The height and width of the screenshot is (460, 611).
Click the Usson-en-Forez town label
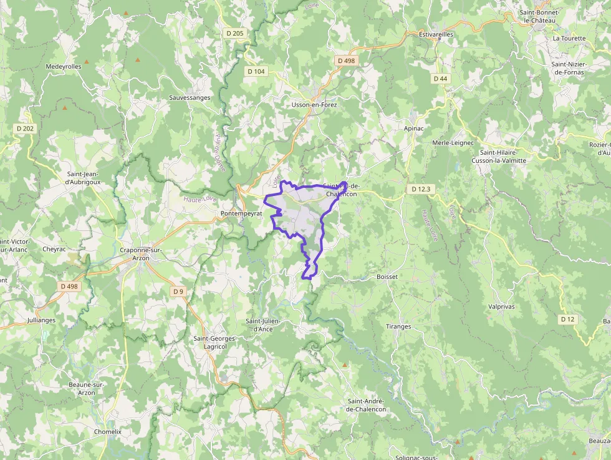[314, 105]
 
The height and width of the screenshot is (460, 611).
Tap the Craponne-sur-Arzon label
[140, 253]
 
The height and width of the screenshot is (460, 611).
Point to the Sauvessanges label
[190, 98]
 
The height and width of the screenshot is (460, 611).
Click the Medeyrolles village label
[64, 66]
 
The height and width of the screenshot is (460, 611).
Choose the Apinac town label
[413, 127]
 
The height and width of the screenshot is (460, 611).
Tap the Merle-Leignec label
[453, 143]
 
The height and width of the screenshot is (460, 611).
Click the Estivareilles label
[436, 34]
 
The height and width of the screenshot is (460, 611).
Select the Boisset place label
[387, 276]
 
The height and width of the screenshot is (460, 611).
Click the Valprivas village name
[501, 306]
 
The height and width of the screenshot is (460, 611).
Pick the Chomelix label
[107, 431]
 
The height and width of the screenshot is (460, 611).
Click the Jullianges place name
[41, 320]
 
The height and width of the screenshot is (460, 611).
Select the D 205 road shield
[234, 32]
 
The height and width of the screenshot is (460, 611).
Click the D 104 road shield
[256, 71]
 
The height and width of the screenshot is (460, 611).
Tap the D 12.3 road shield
[421, 188]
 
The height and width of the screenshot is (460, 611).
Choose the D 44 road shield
[440, 79]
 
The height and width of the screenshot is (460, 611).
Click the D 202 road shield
[26, 129]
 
